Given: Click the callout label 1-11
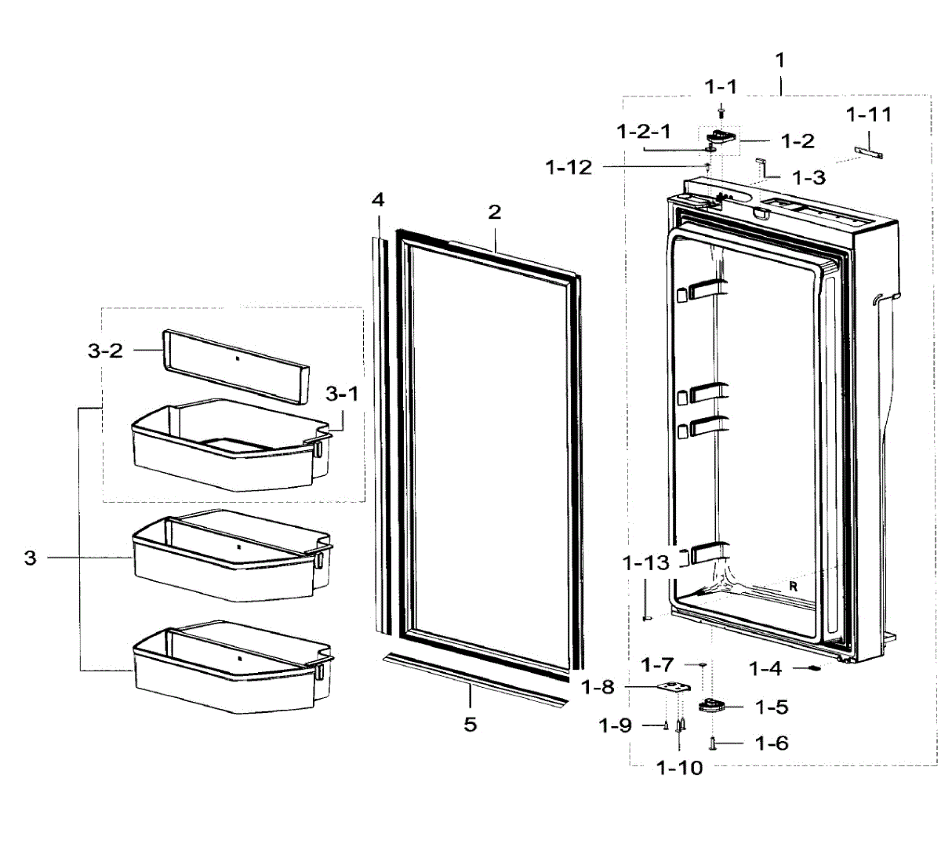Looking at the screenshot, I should point(869,115).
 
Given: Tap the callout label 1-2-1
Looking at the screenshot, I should point(644,132).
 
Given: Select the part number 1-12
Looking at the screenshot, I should point(569,168).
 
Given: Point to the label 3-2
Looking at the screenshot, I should point(105,351).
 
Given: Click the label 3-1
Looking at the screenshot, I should point(342,394).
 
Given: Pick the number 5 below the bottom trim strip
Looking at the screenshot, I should point(470,724).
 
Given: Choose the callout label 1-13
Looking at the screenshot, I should point(646,563).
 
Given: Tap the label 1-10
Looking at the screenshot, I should point(680,768).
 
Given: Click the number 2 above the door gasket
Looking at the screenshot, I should point(494,212).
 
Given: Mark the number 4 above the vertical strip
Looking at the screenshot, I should point(378,200).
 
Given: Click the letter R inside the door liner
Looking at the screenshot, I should point(793,587).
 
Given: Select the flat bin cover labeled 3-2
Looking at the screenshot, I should point(235,365).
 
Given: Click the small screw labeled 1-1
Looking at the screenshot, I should point(721,114).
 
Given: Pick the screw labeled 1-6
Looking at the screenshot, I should point(712,743).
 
